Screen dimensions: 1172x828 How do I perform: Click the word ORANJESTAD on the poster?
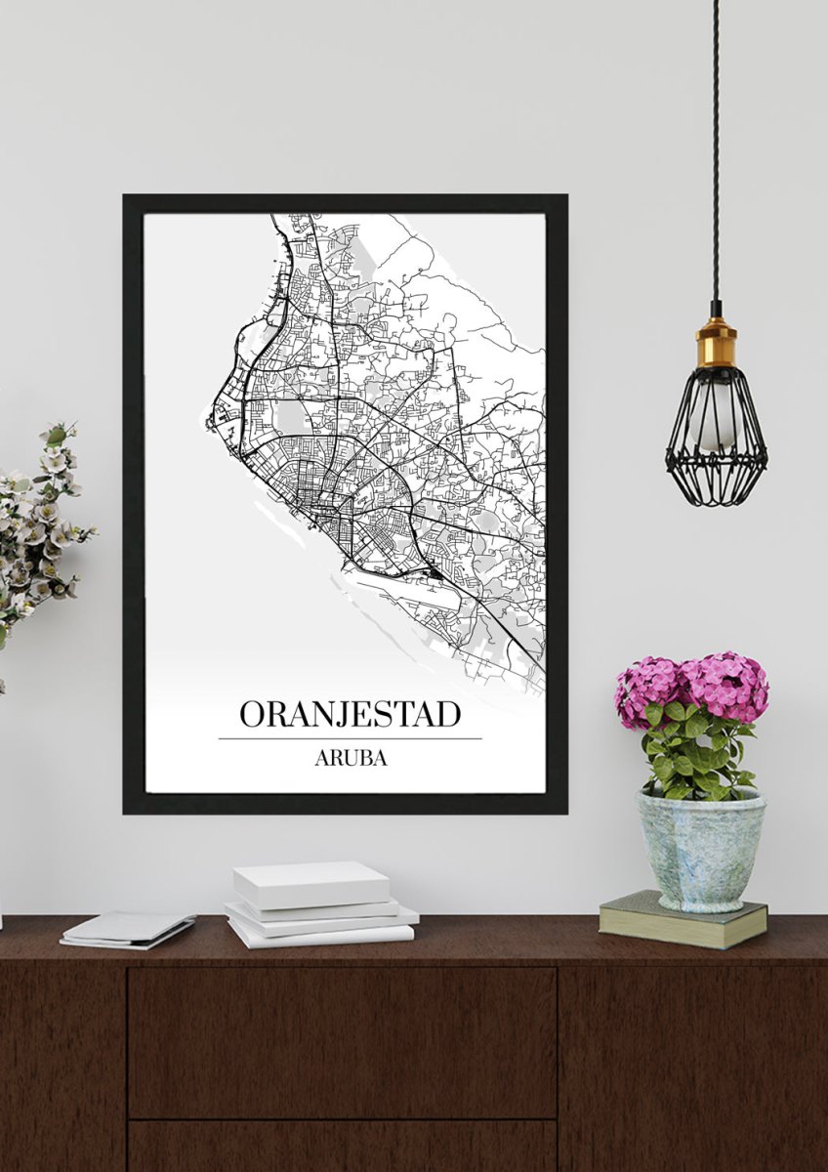(350, 714)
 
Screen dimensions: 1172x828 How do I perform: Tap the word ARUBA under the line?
(350, 759)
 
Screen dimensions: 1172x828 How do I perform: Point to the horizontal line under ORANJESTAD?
(350, 738)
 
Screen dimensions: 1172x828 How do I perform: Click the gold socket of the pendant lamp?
(716, 344)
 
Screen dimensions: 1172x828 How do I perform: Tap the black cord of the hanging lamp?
(716, 146)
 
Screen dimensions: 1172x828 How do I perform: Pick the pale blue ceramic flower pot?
(700, 849)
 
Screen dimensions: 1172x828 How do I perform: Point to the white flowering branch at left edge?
(39, 527)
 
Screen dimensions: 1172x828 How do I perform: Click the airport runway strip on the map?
(391, 586)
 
